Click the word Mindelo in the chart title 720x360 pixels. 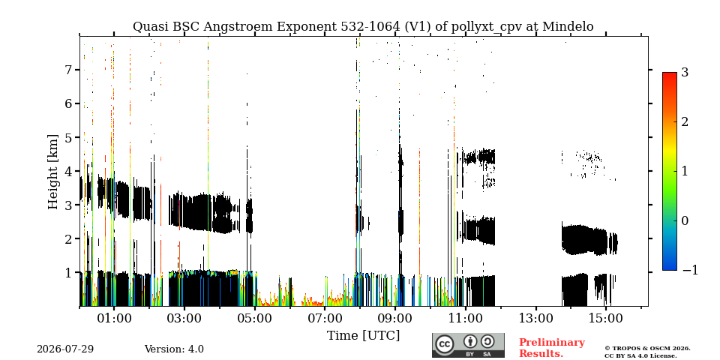[568, 27]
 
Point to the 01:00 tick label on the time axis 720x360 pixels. [114, 319]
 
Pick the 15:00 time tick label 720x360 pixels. [605, 319]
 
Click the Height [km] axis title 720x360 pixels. [53, 172]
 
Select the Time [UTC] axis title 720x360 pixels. [363, 336]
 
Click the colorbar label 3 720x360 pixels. [685, 72]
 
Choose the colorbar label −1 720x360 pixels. [690, 271]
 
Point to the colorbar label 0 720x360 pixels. [685, 220]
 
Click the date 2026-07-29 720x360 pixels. [65, 349]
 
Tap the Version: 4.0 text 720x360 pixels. [174, 349]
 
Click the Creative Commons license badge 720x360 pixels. [468, 345]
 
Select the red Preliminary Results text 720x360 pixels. [552, 348]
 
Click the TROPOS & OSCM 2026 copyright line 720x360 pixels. [647, 349]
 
